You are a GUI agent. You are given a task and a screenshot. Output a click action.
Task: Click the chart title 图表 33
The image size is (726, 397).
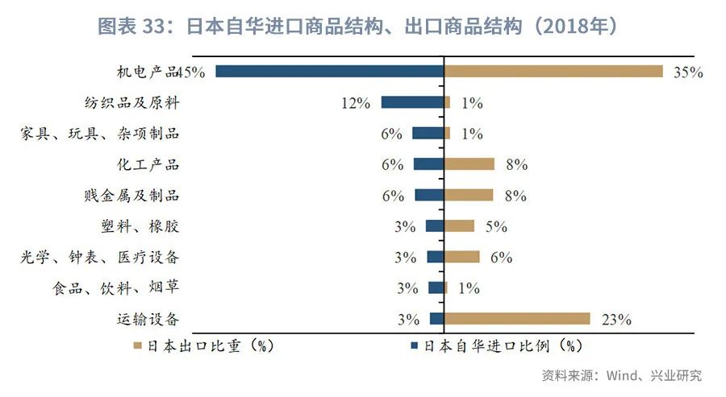tap(362, 27)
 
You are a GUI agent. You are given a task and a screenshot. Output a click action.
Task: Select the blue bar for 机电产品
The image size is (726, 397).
tap(329, 72)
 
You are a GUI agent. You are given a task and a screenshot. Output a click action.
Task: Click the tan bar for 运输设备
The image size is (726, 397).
tap(517, 319)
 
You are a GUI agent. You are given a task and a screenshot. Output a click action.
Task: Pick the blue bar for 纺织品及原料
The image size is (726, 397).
tap(412, 102)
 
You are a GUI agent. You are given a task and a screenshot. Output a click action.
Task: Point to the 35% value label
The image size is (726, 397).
tap(688, 72)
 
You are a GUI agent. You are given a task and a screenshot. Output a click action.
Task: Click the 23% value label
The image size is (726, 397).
tap(615, 320)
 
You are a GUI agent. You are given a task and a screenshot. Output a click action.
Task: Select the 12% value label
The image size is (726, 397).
tap(355, 103)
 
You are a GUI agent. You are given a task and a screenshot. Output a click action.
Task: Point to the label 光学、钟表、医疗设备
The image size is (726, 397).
tap(99, 258)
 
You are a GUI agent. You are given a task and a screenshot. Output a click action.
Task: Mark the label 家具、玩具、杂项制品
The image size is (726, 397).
tap(99, 134)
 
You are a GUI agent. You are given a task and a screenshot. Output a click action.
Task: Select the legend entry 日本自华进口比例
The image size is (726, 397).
tap(497, 346)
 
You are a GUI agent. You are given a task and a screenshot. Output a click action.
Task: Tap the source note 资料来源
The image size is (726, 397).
tap(621, 375)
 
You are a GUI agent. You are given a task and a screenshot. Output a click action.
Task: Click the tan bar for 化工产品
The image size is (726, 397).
tap(469, 164)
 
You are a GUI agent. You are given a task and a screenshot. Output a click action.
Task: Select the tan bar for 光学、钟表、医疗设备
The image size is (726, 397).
tap(462, 257)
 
